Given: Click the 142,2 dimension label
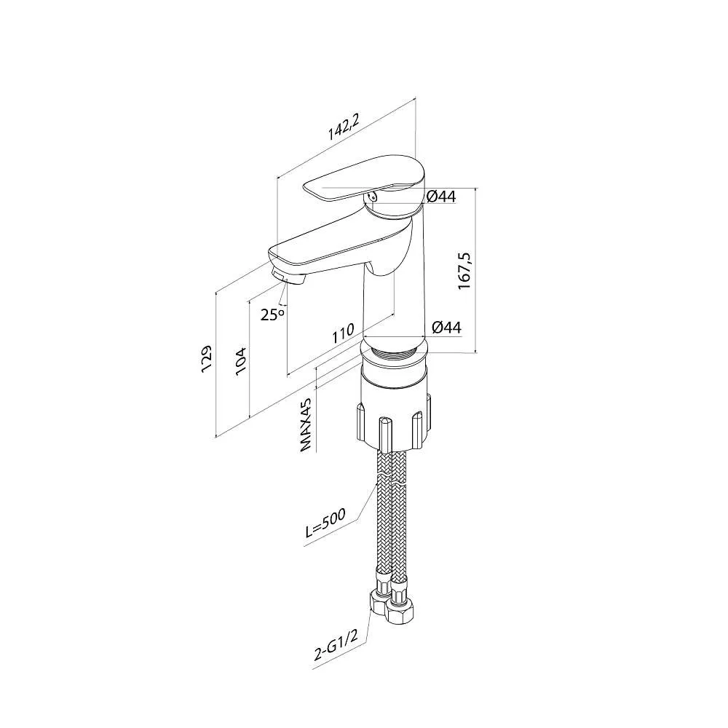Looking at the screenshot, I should tap(344, 130).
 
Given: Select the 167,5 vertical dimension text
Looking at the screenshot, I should tap(465, 272).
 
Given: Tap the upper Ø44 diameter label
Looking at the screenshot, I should tap(441, 197).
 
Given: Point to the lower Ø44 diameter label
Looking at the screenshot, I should tap(446, 328).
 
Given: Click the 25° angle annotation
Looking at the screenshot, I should tap(272, 314).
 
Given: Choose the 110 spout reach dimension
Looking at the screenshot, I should tap(342, 334).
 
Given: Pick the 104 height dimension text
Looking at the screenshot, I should tap(241, 361).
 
